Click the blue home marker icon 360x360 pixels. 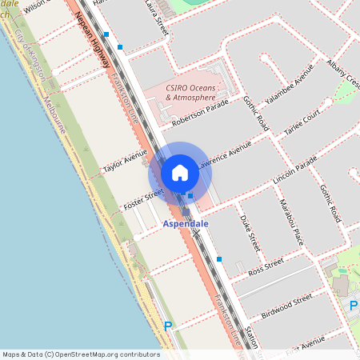(180, 173)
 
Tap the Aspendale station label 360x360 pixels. (186, 224)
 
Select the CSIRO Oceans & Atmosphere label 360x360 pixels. (190, 92)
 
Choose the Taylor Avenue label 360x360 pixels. (126, 160)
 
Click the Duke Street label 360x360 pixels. (250, 232)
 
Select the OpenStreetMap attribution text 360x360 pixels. (81, 354)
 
